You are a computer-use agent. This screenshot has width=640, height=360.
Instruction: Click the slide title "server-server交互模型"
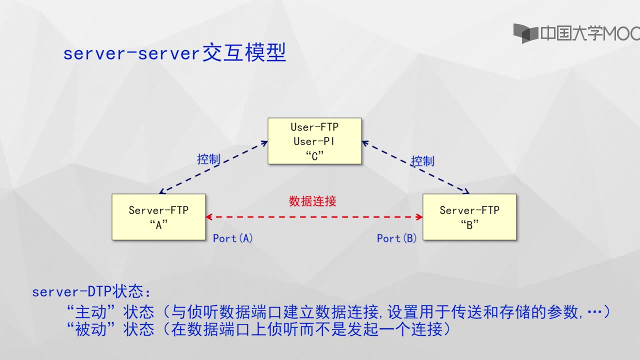174,53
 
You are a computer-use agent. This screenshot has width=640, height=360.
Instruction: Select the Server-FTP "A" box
158,217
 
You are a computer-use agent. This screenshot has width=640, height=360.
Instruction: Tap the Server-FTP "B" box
469,217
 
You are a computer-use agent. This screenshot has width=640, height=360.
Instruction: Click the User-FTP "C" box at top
314,141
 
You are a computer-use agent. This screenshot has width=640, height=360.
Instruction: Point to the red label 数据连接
312,201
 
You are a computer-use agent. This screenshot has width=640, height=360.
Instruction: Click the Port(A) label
232,238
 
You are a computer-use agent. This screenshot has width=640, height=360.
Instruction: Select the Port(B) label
396,238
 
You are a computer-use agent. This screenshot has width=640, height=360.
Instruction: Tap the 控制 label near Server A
208,159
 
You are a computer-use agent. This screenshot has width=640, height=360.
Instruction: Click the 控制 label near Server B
422,161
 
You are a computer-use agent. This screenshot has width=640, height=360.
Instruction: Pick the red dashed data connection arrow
314,217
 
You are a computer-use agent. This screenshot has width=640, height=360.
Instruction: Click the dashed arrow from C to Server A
213,167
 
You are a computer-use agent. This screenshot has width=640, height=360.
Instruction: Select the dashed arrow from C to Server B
415,167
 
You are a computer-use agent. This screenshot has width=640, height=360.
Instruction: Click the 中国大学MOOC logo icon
525,33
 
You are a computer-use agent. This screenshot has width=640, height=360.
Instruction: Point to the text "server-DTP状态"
91,291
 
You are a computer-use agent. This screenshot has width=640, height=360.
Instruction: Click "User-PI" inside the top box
314,141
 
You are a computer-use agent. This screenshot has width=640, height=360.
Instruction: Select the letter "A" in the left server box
158,224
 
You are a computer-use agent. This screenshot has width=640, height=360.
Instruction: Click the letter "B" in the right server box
469,224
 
